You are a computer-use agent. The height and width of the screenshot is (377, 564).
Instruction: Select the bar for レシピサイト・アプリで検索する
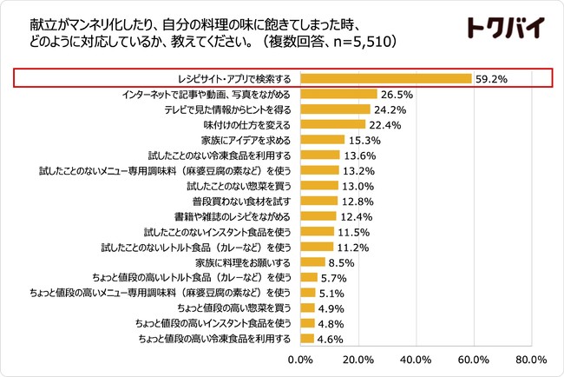click(x=386, y=78)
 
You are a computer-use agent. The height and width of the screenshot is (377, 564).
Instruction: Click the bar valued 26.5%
click(x=338, y=94)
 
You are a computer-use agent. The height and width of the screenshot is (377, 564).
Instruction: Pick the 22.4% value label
click(x=385, y=124)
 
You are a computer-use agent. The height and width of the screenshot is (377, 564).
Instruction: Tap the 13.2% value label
click(x=358, y=170)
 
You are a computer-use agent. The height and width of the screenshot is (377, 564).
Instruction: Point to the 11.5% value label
click(x=353, y=231)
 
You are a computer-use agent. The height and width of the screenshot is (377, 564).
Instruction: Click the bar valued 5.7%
click(x=308, y=277)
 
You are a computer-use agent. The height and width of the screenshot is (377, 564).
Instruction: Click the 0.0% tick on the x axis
click(x=300, y=360)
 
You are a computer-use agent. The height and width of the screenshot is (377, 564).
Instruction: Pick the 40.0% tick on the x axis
click(x=416, y=360)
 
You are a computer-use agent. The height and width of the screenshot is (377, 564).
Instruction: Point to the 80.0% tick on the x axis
click(x=530, y=360)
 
